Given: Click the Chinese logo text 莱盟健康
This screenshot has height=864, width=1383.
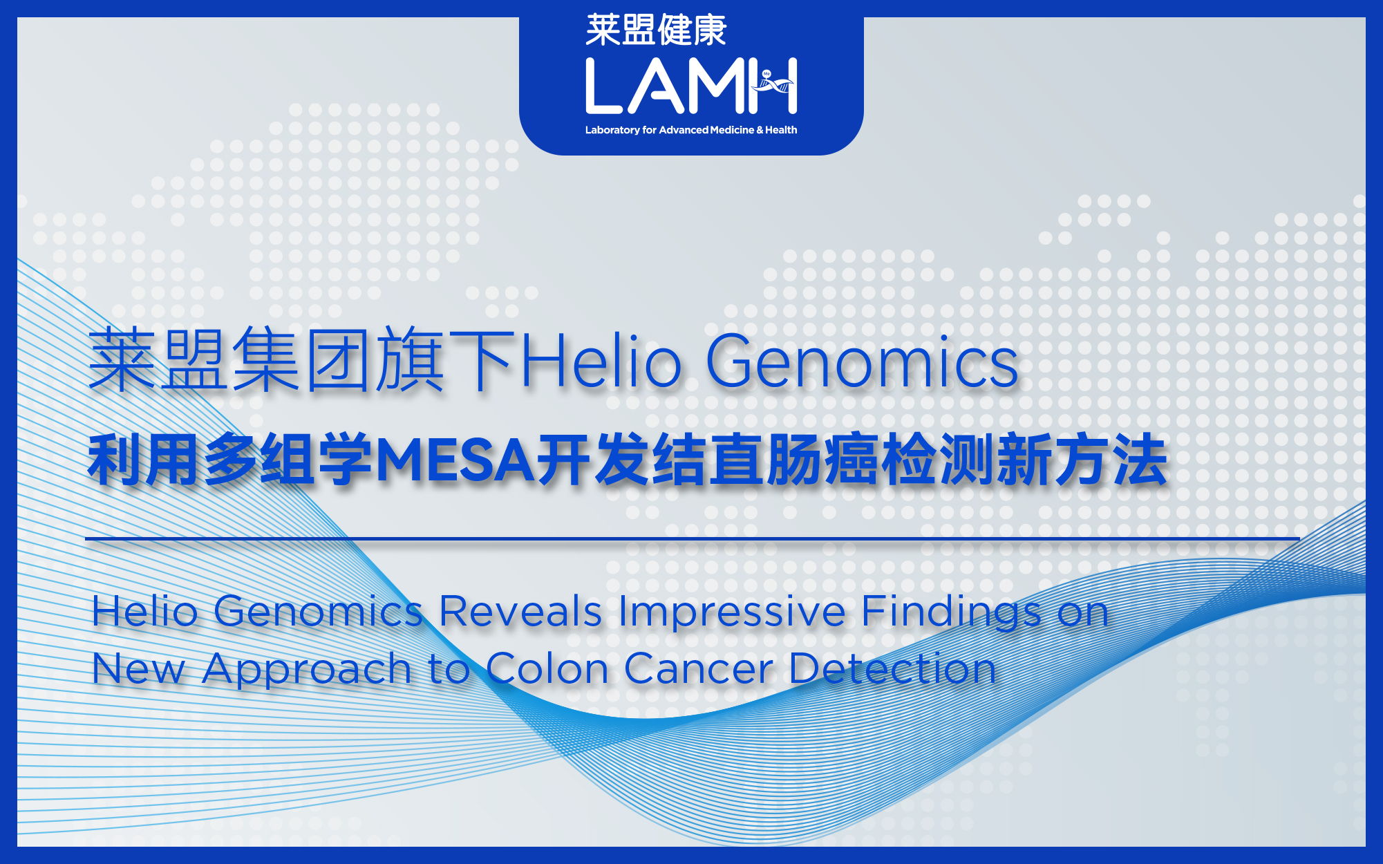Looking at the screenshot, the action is (656, 30).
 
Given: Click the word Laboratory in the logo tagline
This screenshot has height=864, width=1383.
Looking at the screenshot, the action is (612, 130).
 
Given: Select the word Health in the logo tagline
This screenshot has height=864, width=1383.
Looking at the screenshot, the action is (781, 130).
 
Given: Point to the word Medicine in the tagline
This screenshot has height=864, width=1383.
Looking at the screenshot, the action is (732, 130).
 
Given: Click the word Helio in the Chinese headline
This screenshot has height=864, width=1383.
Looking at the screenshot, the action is (601, 361).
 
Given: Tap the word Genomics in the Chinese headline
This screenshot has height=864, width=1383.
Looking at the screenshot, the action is (862, 361).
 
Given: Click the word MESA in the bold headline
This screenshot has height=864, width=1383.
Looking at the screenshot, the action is (455, 461).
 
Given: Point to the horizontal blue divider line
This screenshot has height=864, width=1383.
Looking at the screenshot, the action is (692, 538).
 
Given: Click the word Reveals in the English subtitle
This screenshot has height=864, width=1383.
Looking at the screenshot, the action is (520, 612).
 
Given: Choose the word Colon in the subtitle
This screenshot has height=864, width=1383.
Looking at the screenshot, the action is (547, 669).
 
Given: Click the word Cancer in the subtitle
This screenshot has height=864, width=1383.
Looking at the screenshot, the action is (699, 669).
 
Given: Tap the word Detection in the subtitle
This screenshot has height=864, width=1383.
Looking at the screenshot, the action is (892, 669).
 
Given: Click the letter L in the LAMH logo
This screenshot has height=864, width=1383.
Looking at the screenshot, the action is (603, 86).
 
